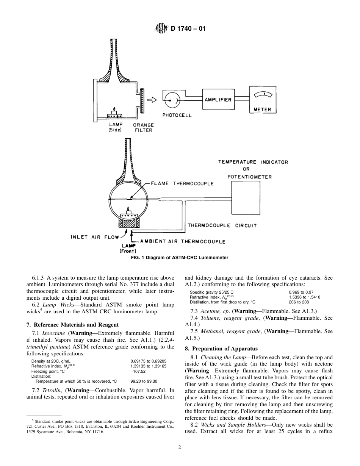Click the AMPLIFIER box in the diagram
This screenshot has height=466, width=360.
pyautogui.click(x=218, y=100)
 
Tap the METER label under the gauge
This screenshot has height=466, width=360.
pyautogui.click(x=262, y=109)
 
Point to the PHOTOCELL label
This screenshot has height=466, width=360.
pyautogui.click(x=177, y=116)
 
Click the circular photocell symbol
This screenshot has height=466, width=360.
pyautogui.click(x=170, y=100)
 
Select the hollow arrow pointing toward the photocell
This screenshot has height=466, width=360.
pyautogui.click(x=152, y=100)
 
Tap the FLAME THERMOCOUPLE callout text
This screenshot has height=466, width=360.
pyautogui.click(x=182, y=183)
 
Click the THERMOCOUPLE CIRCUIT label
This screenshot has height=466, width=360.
pyautogui.click(x=222, y=225)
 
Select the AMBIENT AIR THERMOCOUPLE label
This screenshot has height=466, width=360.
pyautogui.click(x=183, y=241)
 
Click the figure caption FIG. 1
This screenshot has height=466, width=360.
pyautogui.click(x=180, y=258)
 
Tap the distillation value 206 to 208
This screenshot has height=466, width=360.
pyautogui.click(x=299, y=302)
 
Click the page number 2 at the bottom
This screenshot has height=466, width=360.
pyautogui.click(x=180, y=447)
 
